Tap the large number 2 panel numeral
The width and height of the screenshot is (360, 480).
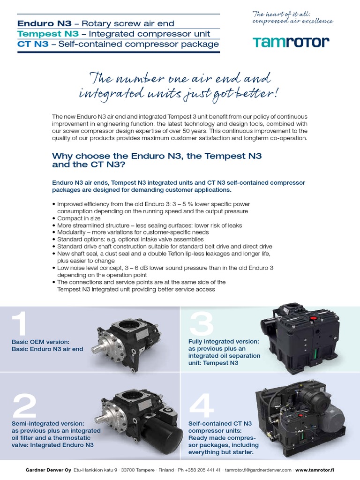tap(24, 405)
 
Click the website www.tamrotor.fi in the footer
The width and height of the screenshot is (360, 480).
tap(314, 470)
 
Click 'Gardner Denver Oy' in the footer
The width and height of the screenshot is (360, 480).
tap(48, 470)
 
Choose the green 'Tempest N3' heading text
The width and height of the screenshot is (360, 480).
tap(41, 34)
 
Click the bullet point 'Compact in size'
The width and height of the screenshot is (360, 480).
tap(79, 218)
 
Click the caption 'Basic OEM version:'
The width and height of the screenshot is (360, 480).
tap(41, 342)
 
